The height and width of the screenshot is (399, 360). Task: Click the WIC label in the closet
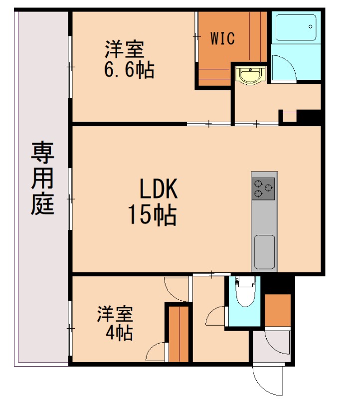[x=222, y=38]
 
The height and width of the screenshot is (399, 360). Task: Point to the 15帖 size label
[x=152, y=215]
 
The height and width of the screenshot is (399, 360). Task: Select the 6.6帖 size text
[x=129, y=70]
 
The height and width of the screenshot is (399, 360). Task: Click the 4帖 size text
[x=119, y=333]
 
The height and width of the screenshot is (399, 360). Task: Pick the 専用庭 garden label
[x=42, y=178]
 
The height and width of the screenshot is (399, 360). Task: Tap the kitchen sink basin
[x=264, y=251]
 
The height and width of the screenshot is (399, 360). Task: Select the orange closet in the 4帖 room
[x=178, y=333]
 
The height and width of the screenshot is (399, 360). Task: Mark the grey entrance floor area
[x=271, y=345]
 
